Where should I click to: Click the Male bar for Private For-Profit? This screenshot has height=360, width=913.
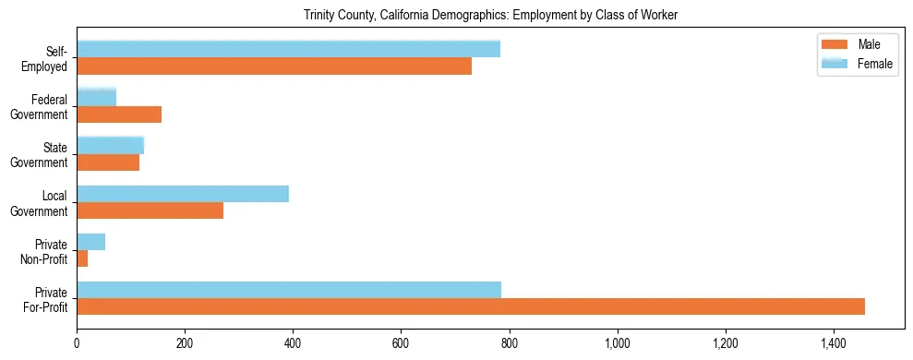[471, 306]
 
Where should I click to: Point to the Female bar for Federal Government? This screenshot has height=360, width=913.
[96, 97]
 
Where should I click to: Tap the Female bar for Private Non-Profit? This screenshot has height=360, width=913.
[90, 242]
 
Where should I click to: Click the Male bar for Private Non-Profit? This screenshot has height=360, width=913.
[82, 258]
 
